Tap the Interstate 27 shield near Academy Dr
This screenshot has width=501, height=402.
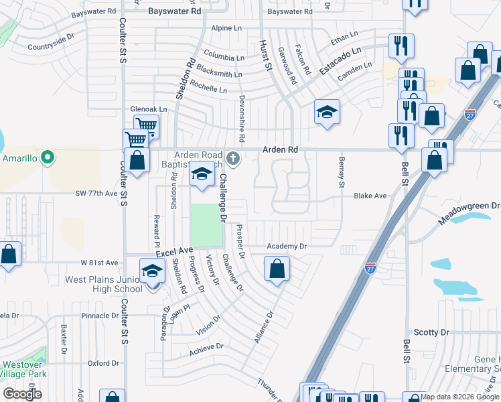click(x=370, y=268)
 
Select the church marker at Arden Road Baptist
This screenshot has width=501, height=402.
click(x=233, y=159)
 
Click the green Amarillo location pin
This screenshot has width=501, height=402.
click(x=47, y=159)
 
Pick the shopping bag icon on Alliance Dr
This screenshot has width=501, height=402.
click(x=277, y=269)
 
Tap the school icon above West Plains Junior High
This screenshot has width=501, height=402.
click(x=152, y=271)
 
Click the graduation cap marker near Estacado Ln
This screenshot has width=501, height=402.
click(x=327, y=112)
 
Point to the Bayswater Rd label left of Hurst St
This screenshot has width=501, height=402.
click(x=174, y=11)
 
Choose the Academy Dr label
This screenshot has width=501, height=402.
click(x=286, y=246)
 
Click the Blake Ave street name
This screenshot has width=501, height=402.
click(x=370, y=196)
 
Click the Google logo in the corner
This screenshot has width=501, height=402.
click(x=23, y=393)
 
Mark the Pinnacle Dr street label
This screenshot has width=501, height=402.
click(x=99, y=315)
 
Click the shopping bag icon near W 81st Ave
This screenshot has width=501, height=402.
click(x=9, y=255)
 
